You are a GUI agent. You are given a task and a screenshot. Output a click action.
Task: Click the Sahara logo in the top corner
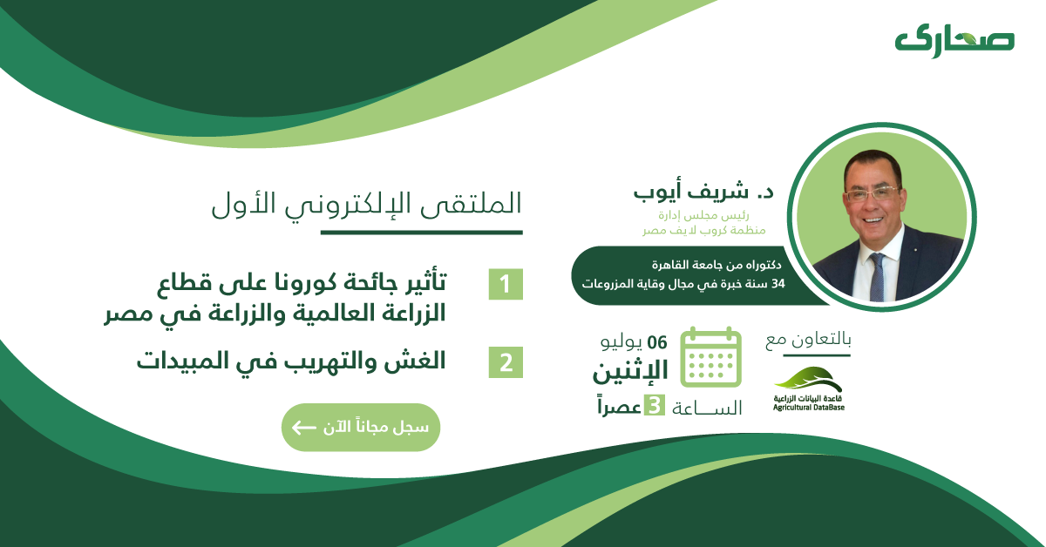pos(954,40)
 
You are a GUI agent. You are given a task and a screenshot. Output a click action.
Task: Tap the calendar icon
pos(710,357)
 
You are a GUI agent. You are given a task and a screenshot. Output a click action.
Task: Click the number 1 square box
pos(506,285)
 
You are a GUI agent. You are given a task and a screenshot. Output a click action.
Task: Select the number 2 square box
pos(506,361)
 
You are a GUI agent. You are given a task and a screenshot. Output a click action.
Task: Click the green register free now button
pos(360,428)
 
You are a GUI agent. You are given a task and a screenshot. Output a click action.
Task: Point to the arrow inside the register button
pos(303,428)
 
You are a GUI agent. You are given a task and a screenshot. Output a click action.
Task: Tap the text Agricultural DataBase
pos(808,407)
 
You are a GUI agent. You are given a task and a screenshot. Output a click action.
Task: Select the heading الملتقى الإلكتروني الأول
pos(366,202)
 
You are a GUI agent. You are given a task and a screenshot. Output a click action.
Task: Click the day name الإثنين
pos(631,372)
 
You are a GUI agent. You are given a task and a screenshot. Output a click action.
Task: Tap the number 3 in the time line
pos(653,406)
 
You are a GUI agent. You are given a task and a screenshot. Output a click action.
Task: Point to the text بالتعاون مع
pos(807,341)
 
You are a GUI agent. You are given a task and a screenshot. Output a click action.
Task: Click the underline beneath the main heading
pos(421,233)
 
